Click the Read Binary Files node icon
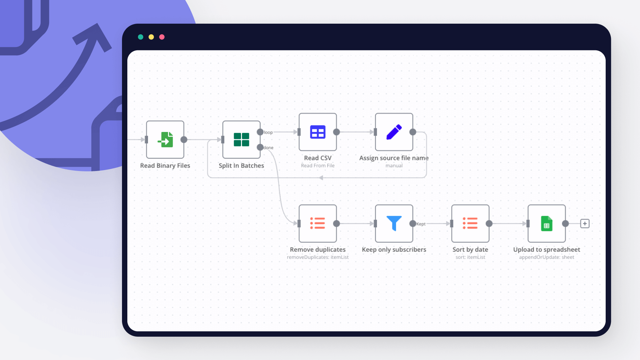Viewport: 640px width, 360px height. pyautogui.click(x=165, y=140)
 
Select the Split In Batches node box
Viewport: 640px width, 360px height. pyautogui.click(x=241, y=140)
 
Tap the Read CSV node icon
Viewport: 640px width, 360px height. pyautogui.click(x=318, y=132)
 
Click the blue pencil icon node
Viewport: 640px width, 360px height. pyautogui.click(x=394, y=132)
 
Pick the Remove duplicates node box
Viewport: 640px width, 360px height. pyautogui.click(x=318, y=223)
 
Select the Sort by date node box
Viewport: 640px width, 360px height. pyautogui.click(x=470, y=223)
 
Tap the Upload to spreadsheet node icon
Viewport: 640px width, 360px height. pyautogui.click(x=547, y=223)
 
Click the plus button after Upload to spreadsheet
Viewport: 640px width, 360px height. pyautogui.click(x=585, y=223)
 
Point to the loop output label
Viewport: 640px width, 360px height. pyautogui.click(x=268, y=132)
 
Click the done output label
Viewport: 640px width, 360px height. pyautogui.click(x=269, y=148)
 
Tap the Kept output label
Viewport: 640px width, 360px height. pyautogui.click(x=421, y=224)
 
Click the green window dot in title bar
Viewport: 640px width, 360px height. pyautogui.click(x=141, y=37)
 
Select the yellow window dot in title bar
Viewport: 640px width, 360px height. pyautogui.click(x=151, y=37)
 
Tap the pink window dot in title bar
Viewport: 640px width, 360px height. pyautogui.click(x=162, y=37)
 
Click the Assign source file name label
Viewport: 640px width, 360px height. pyautogui.click(x=394, y=158)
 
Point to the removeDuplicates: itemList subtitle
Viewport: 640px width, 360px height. pyautogui.click(x=318, y=257)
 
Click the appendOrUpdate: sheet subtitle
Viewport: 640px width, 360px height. pyautogui.click(x=547, y=257)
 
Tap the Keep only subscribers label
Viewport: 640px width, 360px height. pyautogui.click(x=394, y=250)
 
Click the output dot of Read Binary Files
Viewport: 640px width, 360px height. pyautogui.click(x=184, y=140)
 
